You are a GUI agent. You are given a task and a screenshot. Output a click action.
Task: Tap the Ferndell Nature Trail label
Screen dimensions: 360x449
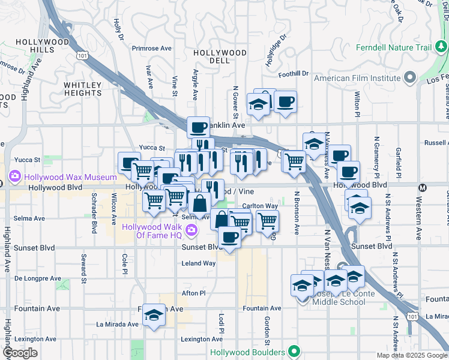tap(394, 47)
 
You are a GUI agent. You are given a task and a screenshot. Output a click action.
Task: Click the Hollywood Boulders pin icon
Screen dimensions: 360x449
tap(294, 351)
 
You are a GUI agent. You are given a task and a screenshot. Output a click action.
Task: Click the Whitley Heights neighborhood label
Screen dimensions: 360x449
tap(83, 89)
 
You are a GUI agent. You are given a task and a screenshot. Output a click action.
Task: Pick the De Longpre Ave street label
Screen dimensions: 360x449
tap(37, 278)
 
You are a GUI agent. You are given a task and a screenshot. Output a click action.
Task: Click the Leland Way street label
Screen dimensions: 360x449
tap(199, 263)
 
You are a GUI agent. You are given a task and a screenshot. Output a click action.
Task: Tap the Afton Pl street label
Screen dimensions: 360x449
tap(194, 293)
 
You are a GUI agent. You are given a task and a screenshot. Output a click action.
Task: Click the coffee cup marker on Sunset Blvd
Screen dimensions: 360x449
tap(229, 238)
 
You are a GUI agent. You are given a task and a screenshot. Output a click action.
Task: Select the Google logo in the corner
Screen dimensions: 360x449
tap(20, 353)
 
